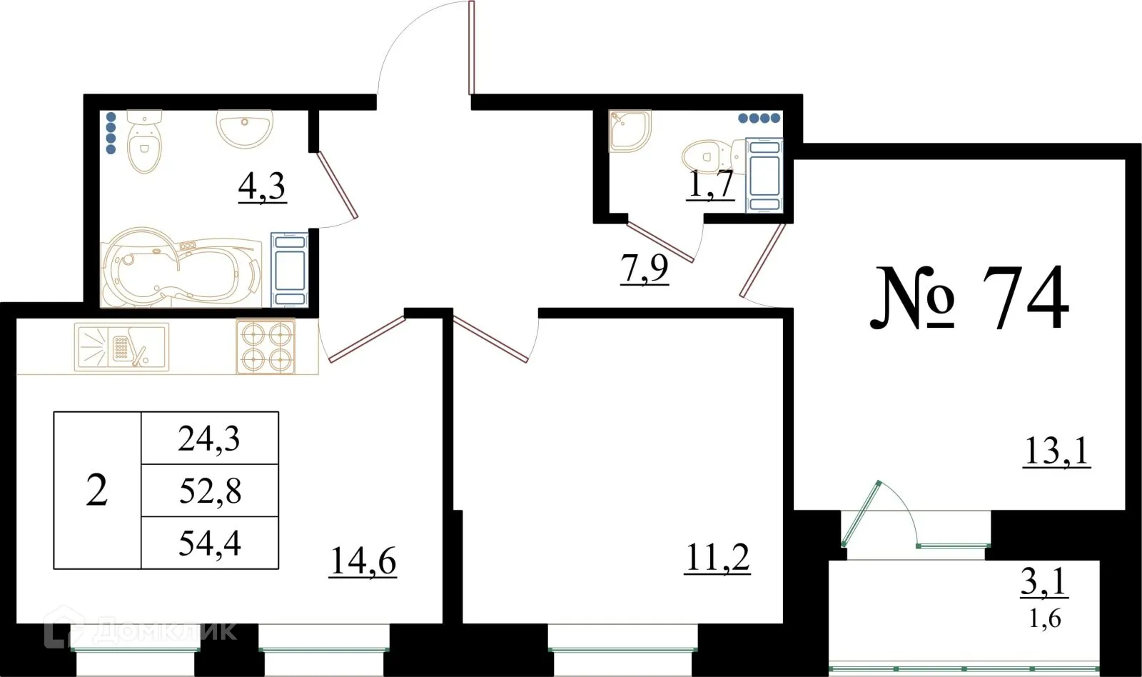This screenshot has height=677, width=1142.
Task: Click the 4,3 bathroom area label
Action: [x=262, y=187]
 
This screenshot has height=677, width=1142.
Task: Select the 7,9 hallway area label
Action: [x=644, y=269]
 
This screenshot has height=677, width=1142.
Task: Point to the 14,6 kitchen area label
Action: [x=363, y=561]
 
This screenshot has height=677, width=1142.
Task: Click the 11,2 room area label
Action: [x=717, y=558]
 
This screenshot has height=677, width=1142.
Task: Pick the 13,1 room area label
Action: [x=1056, y=451]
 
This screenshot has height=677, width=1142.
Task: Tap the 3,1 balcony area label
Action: [x=1044, y=581]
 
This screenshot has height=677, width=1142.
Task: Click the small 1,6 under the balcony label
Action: [x=1045, y=618]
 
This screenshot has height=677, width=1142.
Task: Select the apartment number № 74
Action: [x=971, y=299]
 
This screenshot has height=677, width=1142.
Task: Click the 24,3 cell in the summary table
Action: [x=209, y=438]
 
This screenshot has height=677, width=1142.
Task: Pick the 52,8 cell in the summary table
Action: [x=210, y=491]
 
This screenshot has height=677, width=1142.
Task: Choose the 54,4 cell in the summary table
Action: [x=210, y=543]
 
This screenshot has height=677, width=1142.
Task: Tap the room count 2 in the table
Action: [x=97, y=491]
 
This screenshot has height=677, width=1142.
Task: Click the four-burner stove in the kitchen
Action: [x=266, y=346]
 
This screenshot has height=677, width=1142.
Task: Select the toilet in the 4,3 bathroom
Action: [x=144, y=142]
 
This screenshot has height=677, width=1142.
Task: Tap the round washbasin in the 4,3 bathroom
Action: [x=244, y=129]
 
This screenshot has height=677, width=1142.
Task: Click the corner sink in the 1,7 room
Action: [x=628, y=130]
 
